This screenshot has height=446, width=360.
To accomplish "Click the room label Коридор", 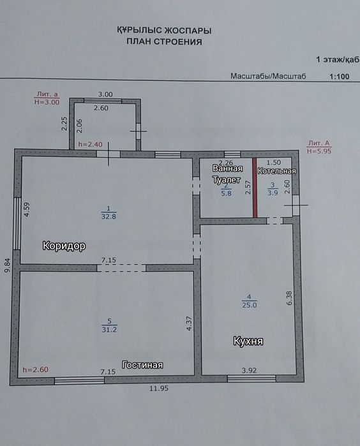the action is [x=64, y=246].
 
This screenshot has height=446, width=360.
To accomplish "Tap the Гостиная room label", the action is [x=142, y=365].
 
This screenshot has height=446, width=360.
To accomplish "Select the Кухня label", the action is [x=248, y=341].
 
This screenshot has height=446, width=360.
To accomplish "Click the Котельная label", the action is [x=276, y=171].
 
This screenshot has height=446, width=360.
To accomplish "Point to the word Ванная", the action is [x=227, y=168].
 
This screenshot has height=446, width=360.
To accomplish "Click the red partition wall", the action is [x=255, y=188].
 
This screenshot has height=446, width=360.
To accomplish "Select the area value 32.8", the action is [x=109, y=216].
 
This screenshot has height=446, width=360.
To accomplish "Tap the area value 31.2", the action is [x=109, y=330].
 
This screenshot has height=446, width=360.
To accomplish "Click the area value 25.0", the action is [x=250, y=305].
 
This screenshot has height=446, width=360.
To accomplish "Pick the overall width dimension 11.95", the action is [x=159, y=389].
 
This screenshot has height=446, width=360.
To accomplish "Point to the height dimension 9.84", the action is [x=8, y=265].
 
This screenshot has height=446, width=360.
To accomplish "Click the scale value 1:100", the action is [x=339, y=77].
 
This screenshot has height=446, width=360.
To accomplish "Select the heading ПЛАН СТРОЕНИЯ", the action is [x=164, y=42].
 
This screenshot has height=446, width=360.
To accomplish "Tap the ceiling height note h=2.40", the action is [x=90, y=144].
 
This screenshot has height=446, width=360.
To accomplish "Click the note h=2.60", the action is [x=36, y=370].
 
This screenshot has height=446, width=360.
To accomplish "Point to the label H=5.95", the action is [x=319, y=151].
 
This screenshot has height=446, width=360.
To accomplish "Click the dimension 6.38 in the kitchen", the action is [x=289, y=298].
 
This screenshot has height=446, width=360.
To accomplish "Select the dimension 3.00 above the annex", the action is [x=105, y=94].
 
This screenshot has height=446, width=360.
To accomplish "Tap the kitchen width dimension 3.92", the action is [x=250, y=370].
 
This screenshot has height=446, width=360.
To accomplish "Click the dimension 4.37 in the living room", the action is [x=189, y=323].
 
